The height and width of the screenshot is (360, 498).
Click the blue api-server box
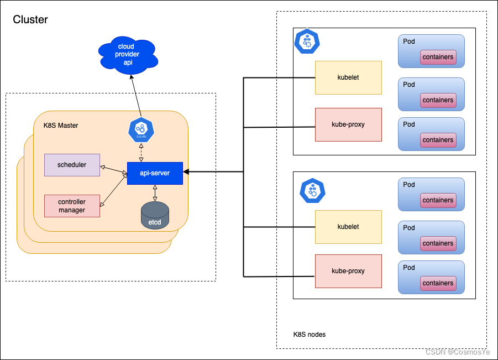(x=155, y=173)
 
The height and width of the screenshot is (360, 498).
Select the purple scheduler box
(x=72, y=165)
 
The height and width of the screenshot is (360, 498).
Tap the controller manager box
(x=72, y=206)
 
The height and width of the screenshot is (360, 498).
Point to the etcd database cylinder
(x=155, y=216)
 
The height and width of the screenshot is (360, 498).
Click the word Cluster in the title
(x=30, y=20)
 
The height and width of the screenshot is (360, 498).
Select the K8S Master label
(x=61, y=126)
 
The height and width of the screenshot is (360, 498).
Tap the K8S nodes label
(x=310, y=335)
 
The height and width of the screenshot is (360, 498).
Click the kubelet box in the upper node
(x=348, y=77)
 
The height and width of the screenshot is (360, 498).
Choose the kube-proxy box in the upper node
(x=348, y=124)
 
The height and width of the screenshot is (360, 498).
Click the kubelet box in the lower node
(x=348, y=227)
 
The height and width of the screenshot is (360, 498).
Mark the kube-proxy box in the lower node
(x=348, y=271)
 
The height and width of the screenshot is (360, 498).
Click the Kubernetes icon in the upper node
(x=307, y=41)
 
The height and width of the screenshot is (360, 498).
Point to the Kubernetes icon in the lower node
(x=312, y=191)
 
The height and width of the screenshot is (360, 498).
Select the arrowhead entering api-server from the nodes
(x=186, y=173)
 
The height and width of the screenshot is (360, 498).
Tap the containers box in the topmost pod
(x=438, y=57)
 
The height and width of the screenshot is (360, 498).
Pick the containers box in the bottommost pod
(x=438, y=283)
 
